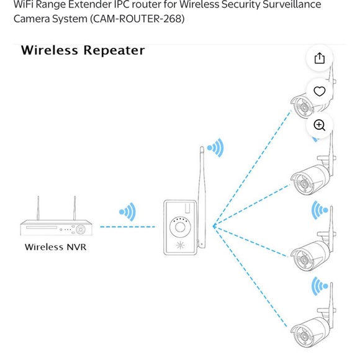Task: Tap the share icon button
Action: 319,58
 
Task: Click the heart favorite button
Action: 319,91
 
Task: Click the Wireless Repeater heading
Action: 83,50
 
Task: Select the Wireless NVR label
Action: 55,247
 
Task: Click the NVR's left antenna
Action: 38,209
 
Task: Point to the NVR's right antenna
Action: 74,209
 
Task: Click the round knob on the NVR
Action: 81,229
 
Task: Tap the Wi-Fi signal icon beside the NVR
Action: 128,212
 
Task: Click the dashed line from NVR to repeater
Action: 127,227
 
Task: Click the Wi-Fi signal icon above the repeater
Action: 215,148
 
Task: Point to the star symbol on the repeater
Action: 181,244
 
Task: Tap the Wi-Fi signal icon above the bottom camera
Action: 320,287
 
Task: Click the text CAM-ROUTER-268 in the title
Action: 137,19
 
